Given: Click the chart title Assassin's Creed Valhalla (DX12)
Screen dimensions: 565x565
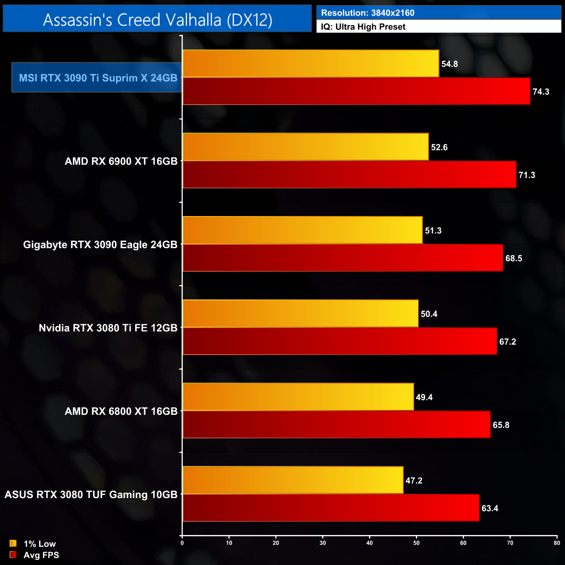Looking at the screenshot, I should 157,20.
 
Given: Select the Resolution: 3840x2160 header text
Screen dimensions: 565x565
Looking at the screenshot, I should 368,13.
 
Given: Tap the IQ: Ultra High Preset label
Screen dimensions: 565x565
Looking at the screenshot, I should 363,27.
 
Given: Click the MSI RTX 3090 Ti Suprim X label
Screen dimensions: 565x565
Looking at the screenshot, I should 98,78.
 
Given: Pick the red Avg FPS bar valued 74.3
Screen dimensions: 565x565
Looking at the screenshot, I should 356,91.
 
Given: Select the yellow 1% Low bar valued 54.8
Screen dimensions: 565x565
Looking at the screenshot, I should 311,63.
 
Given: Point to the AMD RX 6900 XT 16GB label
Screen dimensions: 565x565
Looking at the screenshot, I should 121,161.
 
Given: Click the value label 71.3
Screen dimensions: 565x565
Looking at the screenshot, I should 527,175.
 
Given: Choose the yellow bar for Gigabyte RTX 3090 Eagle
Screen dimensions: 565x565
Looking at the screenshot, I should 302,230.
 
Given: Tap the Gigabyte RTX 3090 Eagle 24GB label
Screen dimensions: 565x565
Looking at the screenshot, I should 100,245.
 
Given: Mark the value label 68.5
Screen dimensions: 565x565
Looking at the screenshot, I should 514,259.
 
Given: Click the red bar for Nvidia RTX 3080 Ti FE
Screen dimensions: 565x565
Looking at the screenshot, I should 340,341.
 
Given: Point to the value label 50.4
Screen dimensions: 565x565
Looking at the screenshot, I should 429,314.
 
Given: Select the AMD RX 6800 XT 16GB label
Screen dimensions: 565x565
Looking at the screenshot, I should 121,411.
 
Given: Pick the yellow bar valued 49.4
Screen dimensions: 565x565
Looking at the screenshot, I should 298,397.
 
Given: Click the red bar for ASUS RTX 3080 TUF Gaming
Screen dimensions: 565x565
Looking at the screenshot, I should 331,508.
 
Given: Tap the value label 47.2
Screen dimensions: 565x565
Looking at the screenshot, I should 414,481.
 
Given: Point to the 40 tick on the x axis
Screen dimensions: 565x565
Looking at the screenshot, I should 369,543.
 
